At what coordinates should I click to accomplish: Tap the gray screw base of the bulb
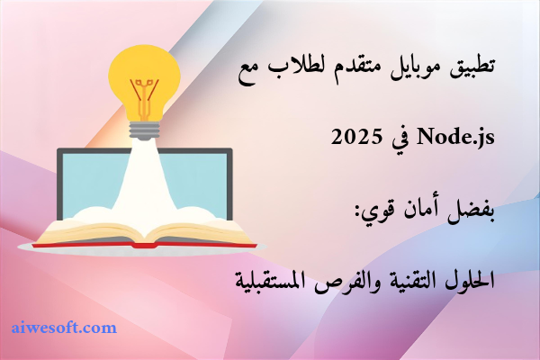click(144, 130)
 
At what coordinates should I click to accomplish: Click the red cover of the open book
click(144, 245)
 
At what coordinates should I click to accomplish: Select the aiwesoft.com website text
click(64, 328)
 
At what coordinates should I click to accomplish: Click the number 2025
click(356, 137)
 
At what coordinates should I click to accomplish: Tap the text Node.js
click(455, 138)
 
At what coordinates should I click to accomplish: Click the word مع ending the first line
click(249, 72)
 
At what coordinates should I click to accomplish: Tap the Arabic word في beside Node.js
click(400, 139)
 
